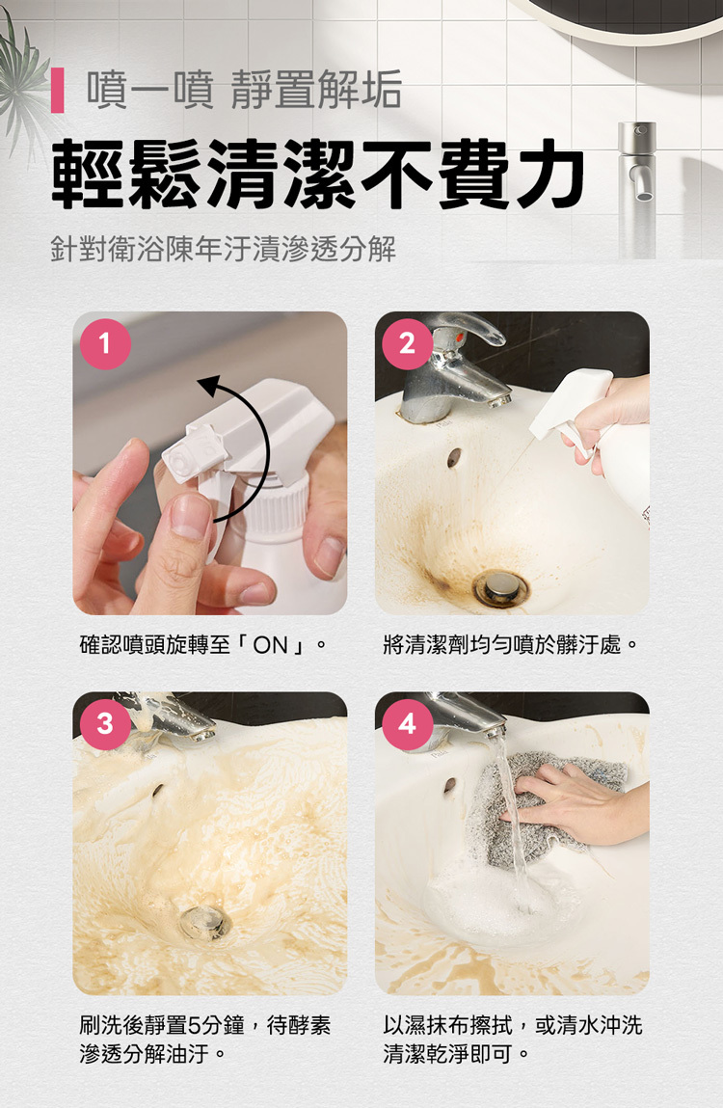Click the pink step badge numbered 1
pyautogui.click(x=104, y=343)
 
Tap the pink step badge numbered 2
pyautogui.click(x=407, y=343)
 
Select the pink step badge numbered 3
pyautogui.click(x=104, y=723)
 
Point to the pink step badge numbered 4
pyautogui.click(x=407, y=723)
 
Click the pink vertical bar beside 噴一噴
pyautogui.click(x=59, y=91)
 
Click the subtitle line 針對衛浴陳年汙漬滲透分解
pyautogui.click(x=223, y=250)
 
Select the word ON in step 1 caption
pyautogui.click(x=271, y=644)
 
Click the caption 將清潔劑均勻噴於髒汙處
pyautogui.click(x=510, y=644)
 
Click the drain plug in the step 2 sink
pyautogui.click(x=500, y=585)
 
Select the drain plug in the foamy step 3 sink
pyautogui.click(x=205, y=921)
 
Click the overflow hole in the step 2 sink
pyautogui.click(x=453, y=458)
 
